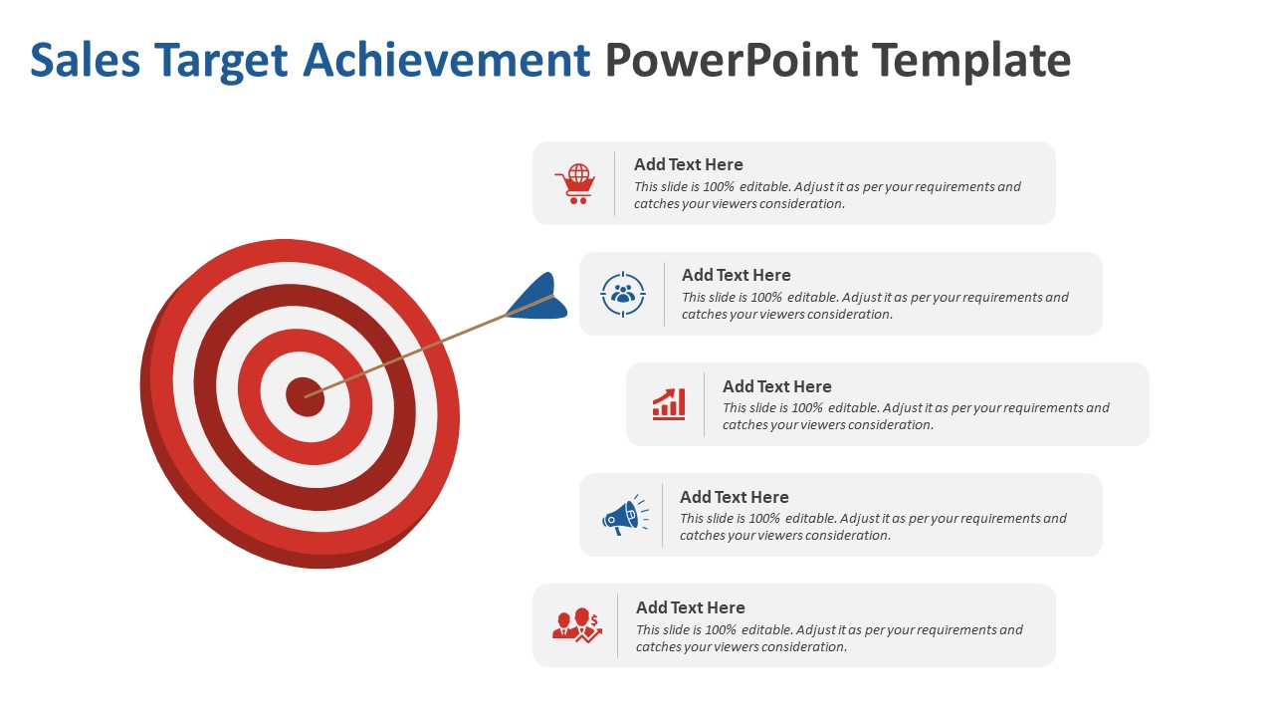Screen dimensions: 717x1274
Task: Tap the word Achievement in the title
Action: [x=447, y=61]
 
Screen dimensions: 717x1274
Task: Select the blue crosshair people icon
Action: [x=623, y=295]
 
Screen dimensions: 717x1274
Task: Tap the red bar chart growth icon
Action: [x=669, y=404]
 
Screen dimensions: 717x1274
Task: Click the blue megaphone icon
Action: [x=624, y=516]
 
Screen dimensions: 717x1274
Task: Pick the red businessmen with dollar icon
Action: [x=576, y=625]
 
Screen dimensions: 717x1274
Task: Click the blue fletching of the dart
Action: [x=536, y=299]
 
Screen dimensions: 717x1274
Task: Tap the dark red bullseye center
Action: [x=304, y=396]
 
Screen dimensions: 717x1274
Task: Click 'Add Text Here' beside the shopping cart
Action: [x=688, y=164]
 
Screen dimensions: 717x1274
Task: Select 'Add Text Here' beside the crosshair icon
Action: [x=736, y=275]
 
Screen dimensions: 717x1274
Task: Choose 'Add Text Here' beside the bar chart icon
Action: [x=776, y=386]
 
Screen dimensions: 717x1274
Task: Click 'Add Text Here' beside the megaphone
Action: [x=734, y=497]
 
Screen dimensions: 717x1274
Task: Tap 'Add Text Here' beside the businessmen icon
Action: [x=690, y=607]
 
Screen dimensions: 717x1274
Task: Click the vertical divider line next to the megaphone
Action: [x=662, y=515]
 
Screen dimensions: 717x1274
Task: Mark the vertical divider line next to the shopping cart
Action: [x=614, y=183]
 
